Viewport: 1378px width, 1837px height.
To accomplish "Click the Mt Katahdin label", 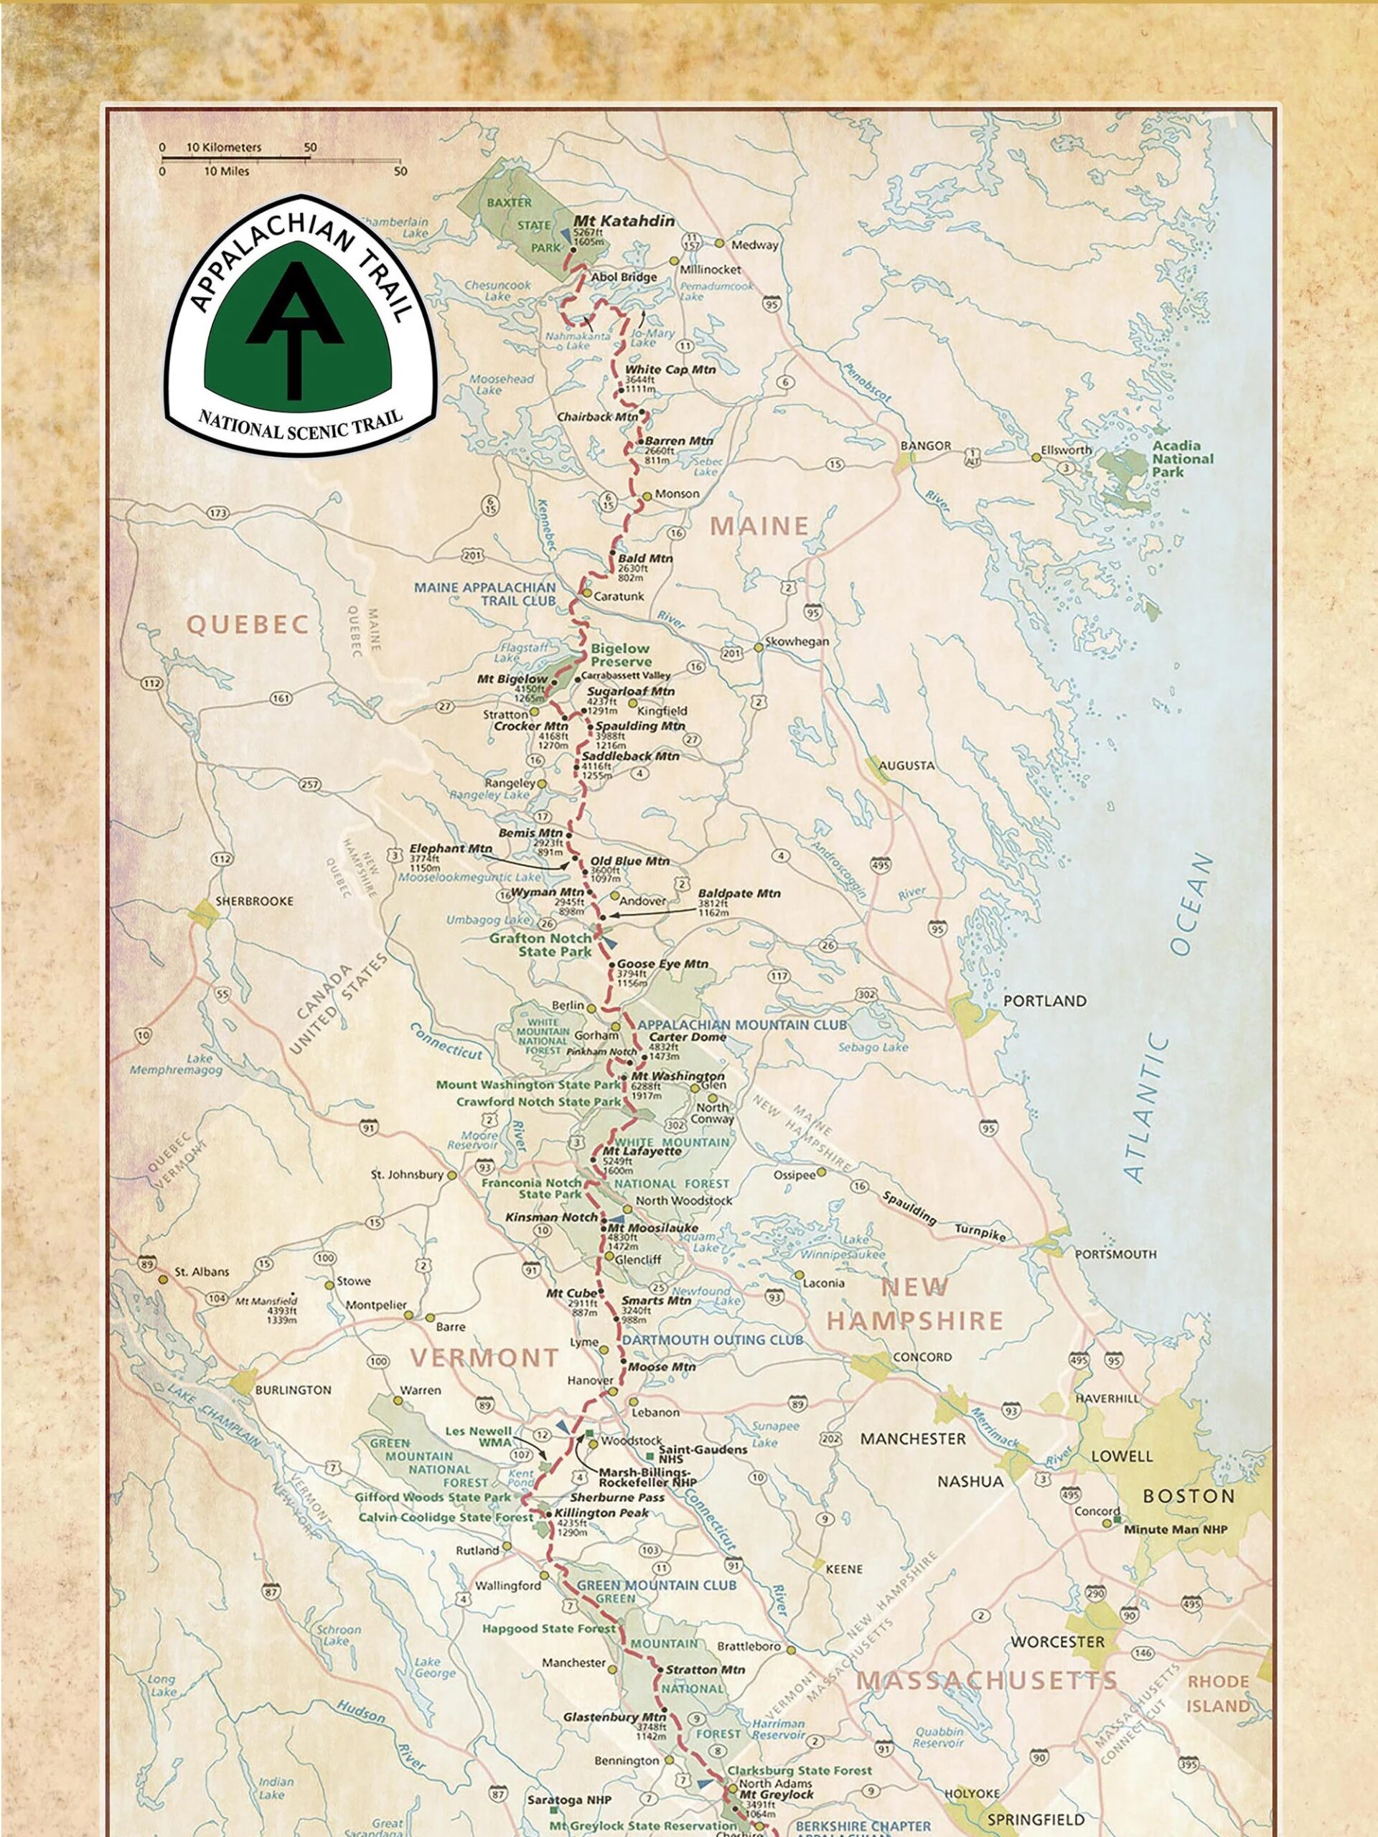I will [624, 222].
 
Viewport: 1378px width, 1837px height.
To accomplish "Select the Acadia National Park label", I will [1181, 459].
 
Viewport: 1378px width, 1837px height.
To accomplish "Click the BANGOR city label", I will [925, 446].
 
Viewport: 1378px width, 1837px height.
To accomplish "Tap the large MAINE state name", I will [759, 526].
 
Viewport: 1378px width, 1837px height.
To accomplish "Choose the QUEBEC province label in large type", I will [248, 624].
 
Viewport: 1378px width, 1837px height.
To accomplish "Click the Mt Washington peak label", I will [677, 1076].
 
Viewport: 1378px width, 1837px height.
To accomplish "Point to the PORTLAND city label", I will [1044, 1001].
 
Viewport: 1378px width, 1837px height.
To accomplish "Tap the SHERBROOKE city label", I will [254, 901].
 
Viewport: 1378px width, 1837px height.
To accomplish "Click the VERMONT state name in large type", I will [484, 1358].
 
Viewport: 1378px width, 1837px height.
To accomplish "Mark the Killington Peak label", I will [601, 1513].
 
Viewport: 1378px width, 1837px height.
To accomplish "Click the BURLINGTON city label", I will [292, 1389].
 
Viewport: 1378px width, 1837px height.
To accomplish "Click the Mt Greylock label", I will [777, 1794].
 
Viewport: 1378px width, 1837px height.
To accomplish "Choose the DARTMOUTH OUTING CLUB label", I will [713, 1340].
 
